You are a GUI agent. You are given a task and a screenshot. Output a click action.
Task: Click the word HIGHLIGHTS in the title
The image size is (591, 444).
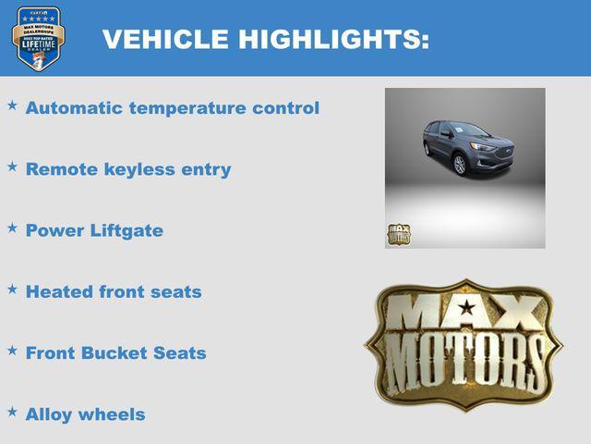[x=332, y=39]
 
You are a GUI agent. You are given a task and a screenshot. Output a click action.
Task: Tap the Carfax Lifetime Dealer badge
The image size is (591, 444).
[x=38, y=38]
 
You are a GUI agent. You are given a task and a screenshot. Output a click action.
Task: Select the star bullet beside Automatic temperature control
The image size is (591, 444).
[x=12, y=105]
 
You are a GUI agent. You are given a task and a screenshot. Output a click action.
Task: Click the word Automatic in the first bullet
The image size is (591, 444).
[x=74, y=108]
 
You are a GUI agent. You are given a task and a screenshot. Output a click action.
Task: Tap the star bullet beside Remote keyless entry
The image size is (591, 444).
[x=12, y=166]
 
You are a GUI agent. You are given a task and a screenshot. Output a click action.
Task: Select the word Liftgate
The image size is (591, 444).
[x=127, y=231]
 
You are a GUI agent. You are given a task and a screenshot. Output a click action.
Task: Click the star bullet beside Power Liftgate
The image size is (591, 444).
[x=12, y=228]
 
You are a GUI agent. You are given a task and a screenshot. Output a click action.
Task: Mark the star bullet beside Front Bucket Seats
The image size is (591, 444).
[x=12, y=350]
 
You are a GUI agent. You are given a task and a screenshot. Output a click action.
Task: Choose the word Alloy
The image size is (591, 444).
[x=50, y=414]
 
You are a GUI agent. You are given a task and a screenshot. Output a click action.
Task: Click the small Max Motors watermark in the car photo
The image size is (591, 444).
[x=398, y=235]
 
